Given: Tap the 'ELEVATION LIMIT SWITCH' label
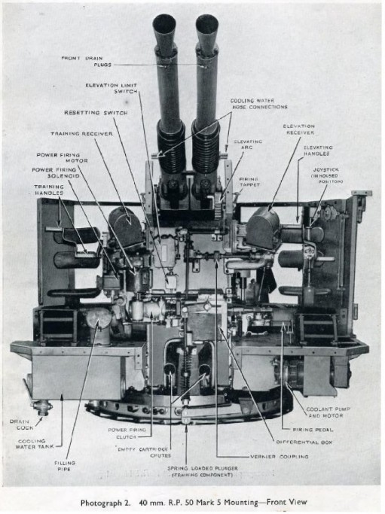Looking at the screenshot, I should point(112,89).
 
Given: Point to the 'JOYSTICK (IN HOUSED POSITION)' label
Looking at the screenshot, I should point(326,175).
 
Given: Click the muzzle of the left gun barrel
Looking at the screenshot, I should point(163,24).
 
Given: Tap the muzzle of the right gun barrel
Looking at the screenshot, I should point(206,24).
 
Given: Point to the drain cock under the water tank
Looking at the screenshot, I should point(44,406).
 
